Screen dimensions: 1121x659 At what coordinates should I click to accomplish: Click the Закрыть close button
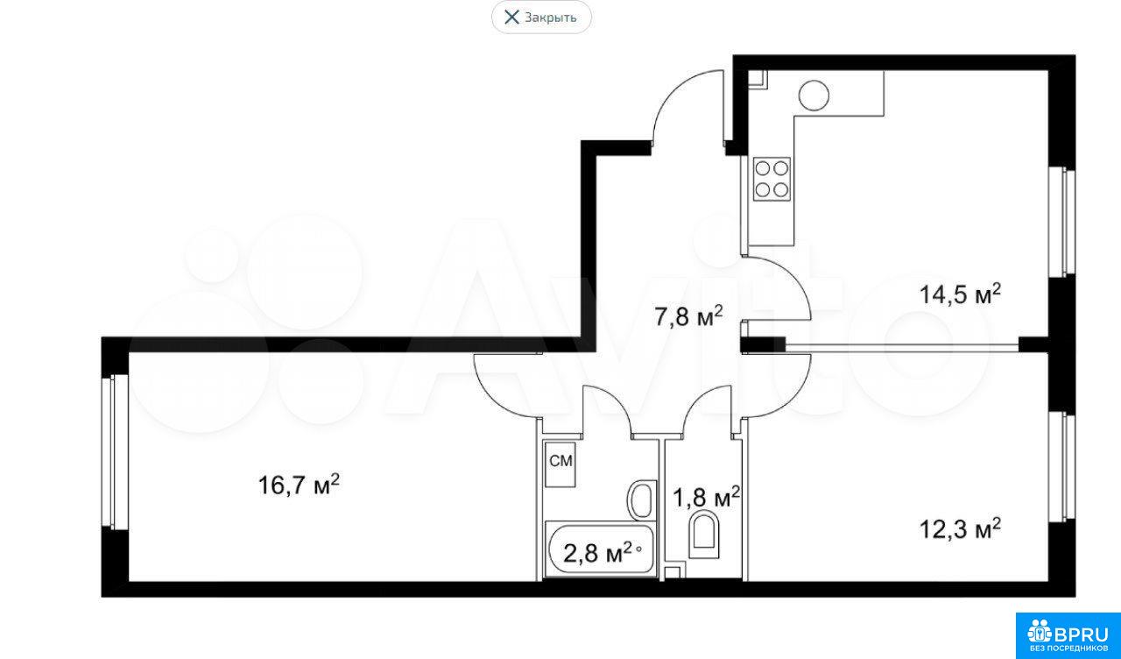tap(541, 18)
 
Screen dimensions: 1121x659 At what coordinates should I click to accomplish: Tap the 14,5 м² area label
tap(961, 294)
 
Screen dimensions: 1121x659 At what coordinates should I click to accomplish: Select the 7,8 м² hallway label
tap(689, 316)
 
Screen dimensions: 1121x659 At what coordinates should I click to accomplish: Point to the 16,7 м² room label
tap(299, 485)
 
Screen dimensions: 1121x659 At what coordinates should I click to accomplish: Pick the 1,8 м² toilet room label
tap(706, 497)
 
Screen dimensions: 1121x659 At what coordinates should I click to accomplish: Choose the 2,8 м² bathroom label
tap(599, 554)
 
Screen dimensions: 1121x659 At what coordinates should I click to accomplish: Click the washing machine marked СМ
tap(560, 464)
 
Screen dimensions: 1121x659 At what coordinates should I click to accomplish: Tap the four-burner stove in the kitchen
tap(772, 180)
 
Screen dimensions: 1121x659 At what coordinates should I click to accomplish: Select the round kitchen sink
tap(814, 96)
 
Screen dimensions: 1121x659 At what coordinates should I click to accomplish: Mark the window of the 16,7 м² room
tap(115, 450)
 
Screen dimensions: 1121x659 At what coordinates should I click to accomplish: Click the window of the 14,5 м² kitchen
tap(1062, 222)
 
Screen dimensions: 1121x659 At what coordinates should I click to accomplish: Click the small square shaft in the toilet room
tap(673, 574)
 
